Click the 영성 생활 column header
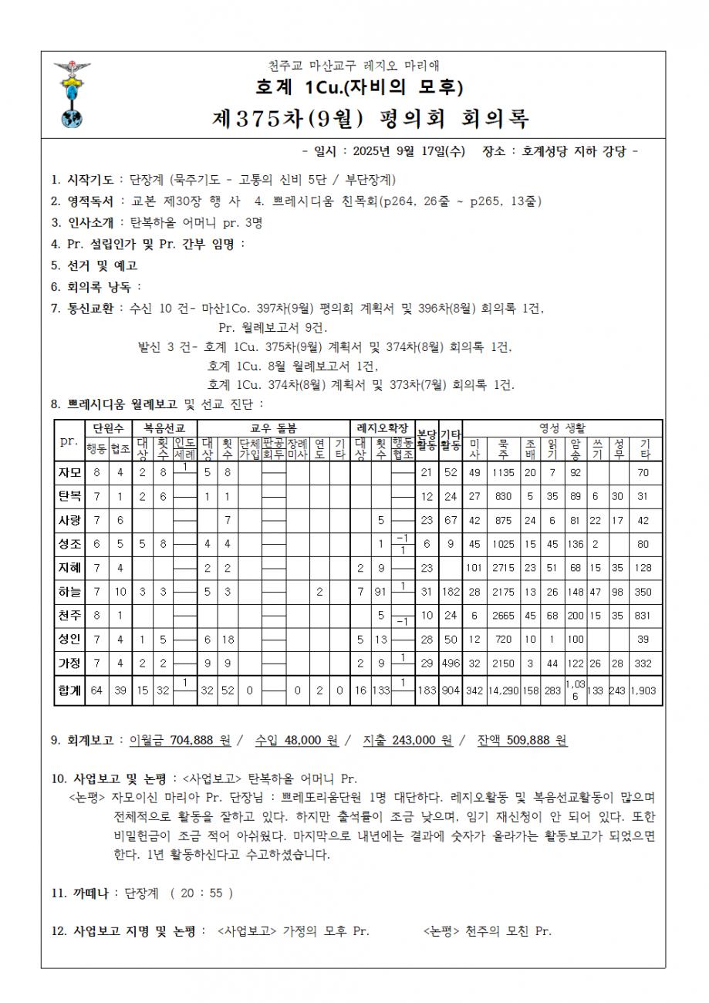562,427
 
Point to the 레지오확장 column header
381,427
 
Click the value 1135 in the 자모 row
502,472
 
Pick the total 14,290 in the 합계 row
502,691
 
